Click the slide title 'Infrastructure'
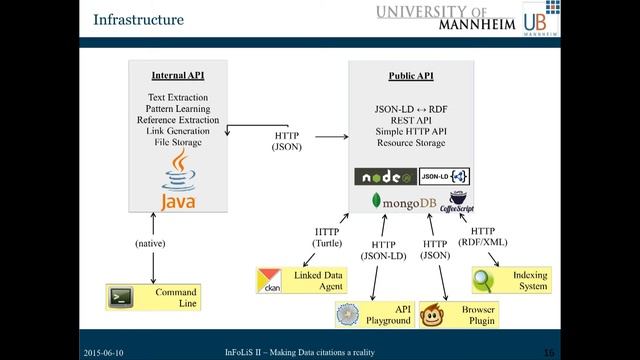[138, 19]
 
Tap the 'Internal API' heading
[176, 76]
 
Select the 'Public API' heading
[411, 76]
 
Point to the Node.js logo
[385, 176]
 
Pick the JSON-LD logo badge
[445, 176]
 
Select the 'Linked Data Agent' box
[298, 280]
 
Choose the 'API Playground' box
[374, 315]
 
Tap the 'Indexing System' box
[511, 280]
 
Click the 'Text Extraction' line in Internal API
[176, 98]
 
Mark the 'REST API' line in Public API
[411, 120]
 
